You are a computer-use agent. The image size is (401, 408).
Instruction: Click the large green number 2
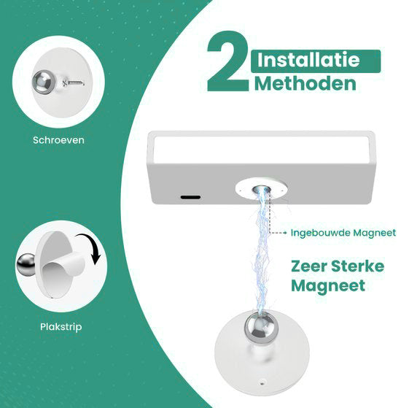pos(229,61)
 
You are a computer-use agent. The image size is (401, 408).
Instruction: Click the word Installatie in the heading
pos(308,60)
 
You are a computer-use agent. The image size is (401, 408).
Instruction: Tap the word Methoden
pos(305,83)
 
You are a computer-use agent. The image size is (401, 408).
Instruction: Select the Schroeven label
pos(58,140)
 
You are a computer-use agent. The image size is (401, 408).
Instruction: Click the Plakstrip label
pos(61,327)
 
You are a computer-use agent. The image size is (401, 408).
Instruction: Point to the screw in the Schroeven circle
pos(74,82)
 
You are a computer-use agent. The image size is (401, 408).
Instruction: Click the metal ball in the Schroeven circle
pos(44,82)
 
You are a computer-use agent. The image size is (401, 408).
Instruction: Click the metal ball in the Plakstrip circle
pos(26,265)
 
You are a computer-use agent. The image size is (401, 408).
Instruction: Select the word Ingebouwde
pos(321,233)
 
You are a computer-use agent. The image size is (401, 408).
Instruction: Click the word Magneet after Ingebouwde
pos(375,233)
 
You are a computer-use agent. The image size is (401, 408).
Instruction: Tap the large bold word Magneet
pos(328,286)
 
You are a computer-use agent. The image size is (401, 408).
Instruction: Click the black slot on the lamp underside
pos(190,197)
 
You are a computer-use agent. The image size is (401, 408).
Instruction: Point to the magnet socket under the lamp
pos(261,190)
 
